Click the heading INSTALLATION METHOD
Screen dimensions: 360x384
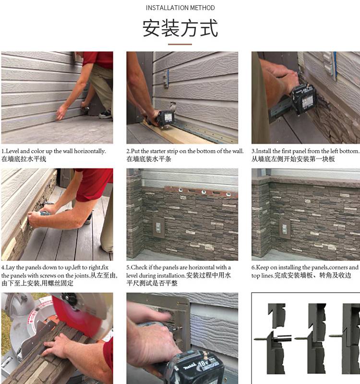click(180, 8)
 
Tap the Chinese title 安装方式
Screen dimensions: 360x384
click(180, 28)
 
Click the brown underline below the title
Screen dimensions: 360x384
click(180, 44)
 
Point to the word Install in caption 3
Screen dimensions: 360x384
click(264, 151)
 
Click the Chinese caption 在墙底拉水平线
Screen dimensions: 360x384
click(24, 159)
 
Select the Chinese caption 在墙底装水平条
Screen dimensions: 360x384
click(149, 159)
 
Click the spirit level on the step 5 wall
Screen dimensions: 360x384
click(201, 191)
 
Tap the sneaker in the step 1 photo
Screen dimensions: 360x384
click(106, 114)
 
